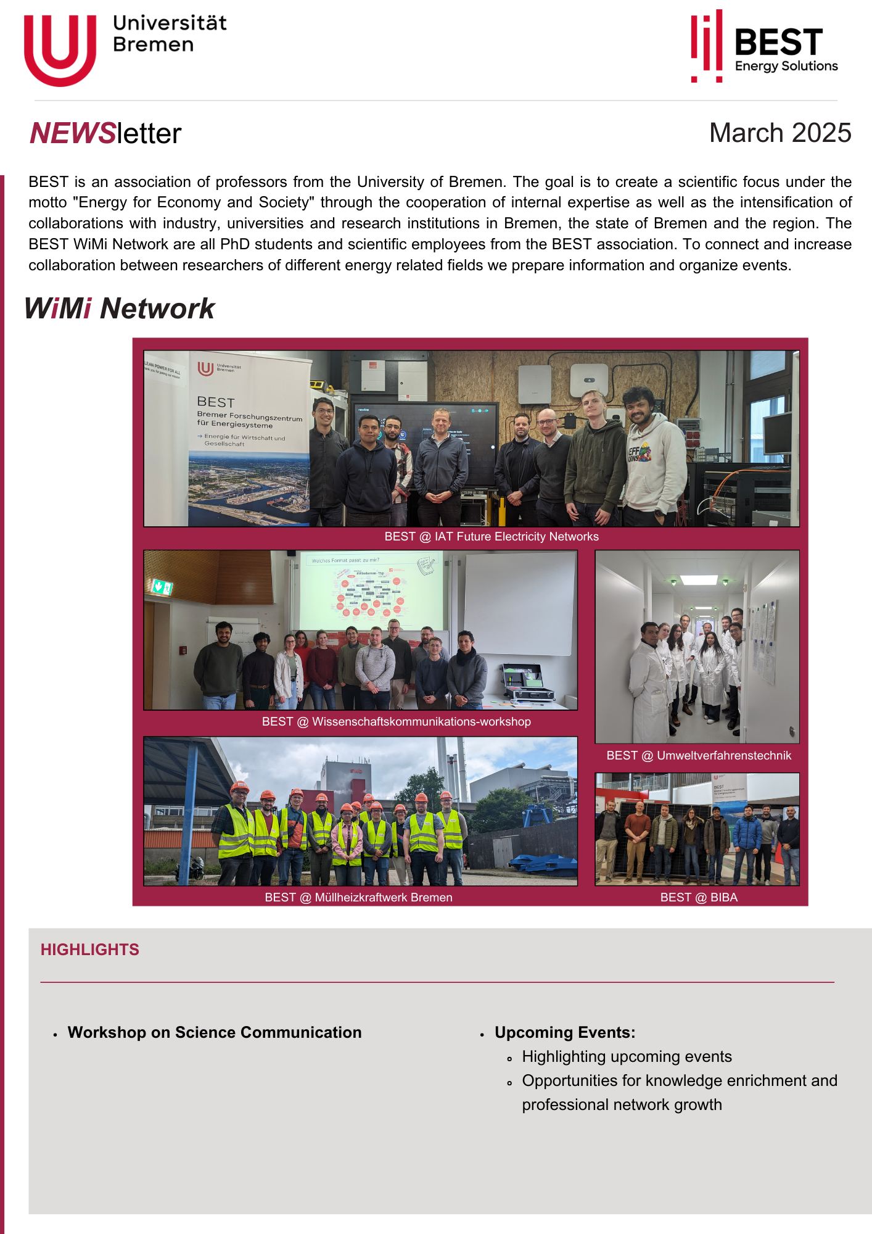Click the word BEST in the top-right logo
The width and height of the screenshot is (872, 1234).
(x=778, y=43)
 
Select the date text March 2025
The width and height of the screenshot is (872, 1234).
(x=779, y=133)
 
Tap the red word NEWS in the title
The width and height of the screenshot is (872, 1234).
(x=73, y=134)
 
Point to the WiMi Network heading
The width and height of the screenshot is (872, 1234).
(x=119, y=308)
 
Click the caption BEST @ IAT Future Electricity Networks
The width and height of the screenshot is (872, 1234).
(x=492, y=537)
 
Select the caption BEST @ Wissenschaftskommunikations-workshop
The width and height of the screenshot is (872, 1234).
(x=396, y=722)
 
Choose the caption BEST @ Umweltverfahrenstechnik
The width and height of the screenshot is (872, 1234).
(x=698, y=756)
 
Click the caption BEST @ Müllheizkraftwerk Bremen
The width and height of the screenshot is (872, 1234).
(x=358, y=898)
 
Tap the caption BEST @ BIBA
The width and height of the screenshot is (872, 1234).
(x=698, y=898)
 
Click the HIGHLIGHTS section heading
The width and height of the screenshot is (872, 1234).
(x=90, y=950)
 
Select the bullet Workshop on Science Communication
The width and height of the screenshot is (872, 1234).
(x=215, y=1033)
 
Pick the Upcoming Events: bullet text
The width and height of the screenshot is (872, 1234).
(x=564, y=1033)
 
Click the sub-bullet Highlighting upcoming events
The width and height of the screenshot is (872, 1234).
(x=627, y=1057)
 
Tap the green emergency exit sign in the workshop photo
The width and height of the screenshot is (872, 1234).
(x=162, y=587)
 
